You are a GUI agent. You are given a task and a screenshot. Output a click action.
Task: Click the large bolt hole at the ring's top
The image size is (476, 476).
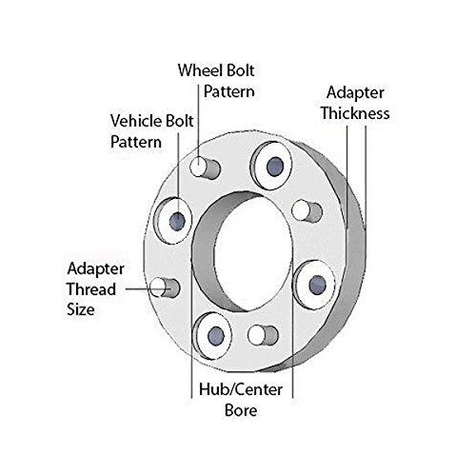click(x=272, y=164)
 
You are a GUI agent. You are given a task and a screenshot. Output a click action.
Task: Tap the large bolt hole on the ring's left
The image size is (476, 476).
click(x=176, y=220)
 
